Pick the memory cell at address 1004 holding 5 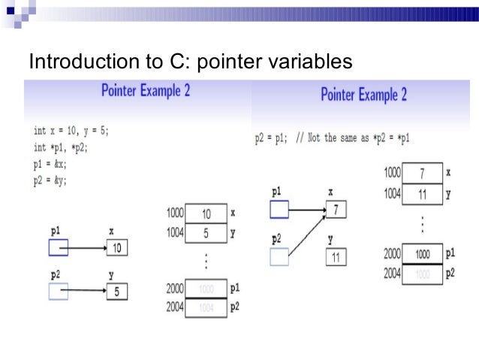(x=206, y=233)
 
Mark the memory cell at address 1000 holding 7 (x=422, y=174)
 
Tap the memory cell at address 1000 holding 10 (x=206, y=214)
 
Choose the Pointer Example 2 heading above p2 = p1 (x=363, y=95)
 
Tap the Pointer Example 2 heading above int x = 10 (x=145, y=91)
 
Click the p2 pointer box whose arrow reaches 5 (x=58, y=291)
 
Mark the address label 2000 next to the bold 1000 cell (x=393, y=254)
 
